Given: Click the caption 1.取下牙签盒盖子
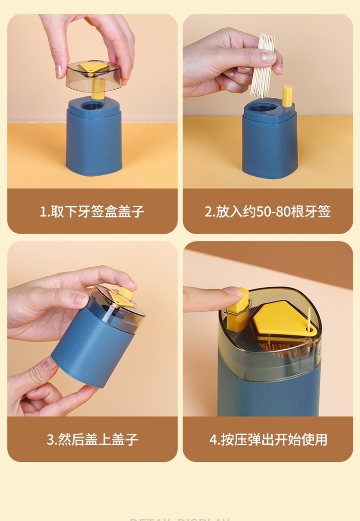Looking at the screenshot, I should coord(92,212).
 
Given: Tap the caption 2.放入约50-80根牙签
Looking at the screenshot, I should coord(267,212).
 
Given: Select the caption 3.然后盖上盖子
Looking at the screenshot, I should coord(92,439).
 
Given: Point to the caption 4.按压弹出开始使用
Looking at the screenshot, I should coord(268,439).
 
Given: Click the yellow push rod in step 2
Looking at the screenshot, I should coord(288,95).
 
